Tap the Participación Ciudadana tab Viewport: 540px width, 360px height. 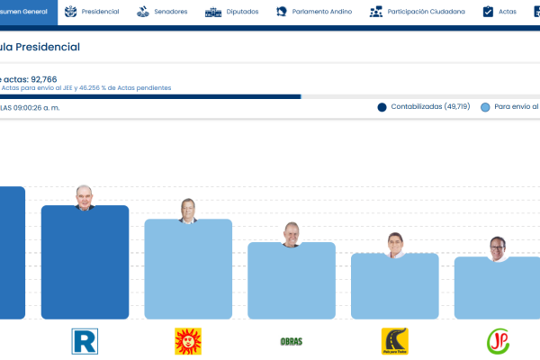[418, 12]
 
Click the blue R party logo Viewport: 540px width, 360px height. [85, 341]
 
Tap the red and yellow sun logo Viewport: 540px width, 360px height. [188, 341]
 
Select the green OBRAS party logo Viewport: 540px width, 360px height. [292, 341]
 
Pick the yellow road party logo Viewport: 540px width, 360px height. [394, 341]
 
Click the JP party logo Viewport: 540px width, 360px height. [498, 341]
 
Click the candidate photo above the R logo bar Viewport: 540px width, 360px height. [85, 197]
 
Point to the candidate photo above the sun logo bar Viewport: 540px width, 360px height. [188, 211]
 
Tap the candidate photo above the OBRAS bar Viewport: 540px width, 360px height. [292, 234]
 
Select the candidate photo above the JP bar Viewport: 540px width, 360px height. [498, 248]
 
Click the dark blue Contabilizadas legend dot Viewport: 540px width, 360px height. [382, 107]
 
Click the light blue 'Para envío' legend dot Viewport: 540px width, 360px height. [486, 107]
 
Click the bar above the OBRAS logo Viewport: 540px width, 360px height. [292, 283]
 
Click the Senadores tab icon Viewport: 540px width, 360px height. [143, 12]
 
